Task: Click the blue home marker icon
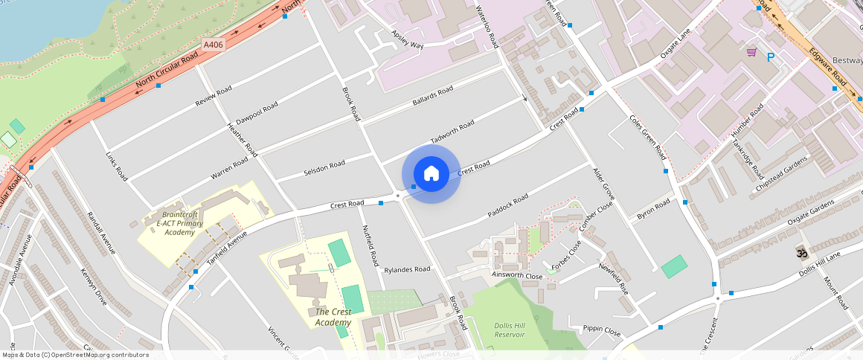[x=431, y=173]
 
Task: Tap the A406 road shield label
[x=214, y=45]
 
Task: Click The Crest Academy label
[x=333, y=317]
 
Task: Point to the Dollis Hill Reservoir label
[x=510, y=330]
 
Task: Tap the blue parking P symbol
[x=771, y=57]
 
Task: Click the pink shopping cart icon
[x=751, y=52]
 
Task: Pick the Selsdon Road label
[x=324, y=169]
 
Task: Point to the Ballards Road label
[x=432, y=97]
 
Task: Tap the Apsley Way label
[x=407, y=40]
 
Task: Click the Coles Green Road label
[x=647, y=137]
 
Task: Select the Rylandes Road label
[x=407, y=269]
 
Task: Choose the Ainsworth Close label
[x=518, y=275]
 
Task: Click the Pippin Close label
[x=602, y=329]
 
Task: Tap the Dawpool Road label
[x=257, y=113]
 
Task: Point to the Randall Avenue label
[x=101, y=232]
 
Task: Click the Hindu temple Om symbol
[x=802, y=253]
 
